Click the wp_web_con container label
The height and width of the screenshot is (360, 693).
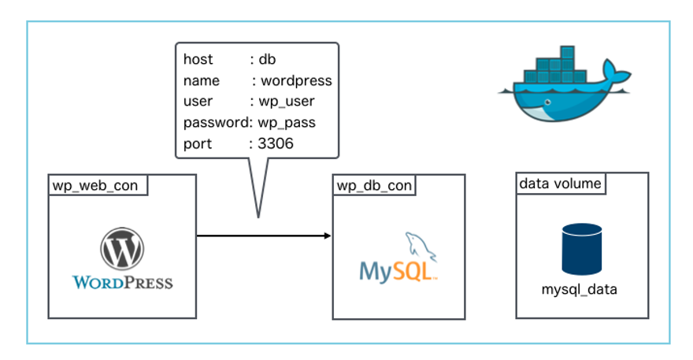[x=94, y=186]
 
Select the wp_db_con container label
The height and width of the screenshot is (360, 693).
[x=374, y=186]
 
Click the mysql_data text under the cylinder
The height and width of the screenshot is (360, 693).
[x=580, y=290]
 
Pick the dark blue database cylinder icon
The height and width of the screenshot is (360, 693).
[x=582, y=249]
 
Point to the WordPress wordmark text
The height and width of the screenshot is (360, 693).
[x=122, y=281]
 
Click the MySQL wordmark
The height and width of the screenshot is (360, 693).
[x=396, y=271]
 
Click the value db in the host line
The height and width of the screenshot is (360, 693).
[x=268, y=59]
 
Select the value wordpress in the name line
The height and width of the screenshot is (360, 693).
[x=296, y=80]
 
